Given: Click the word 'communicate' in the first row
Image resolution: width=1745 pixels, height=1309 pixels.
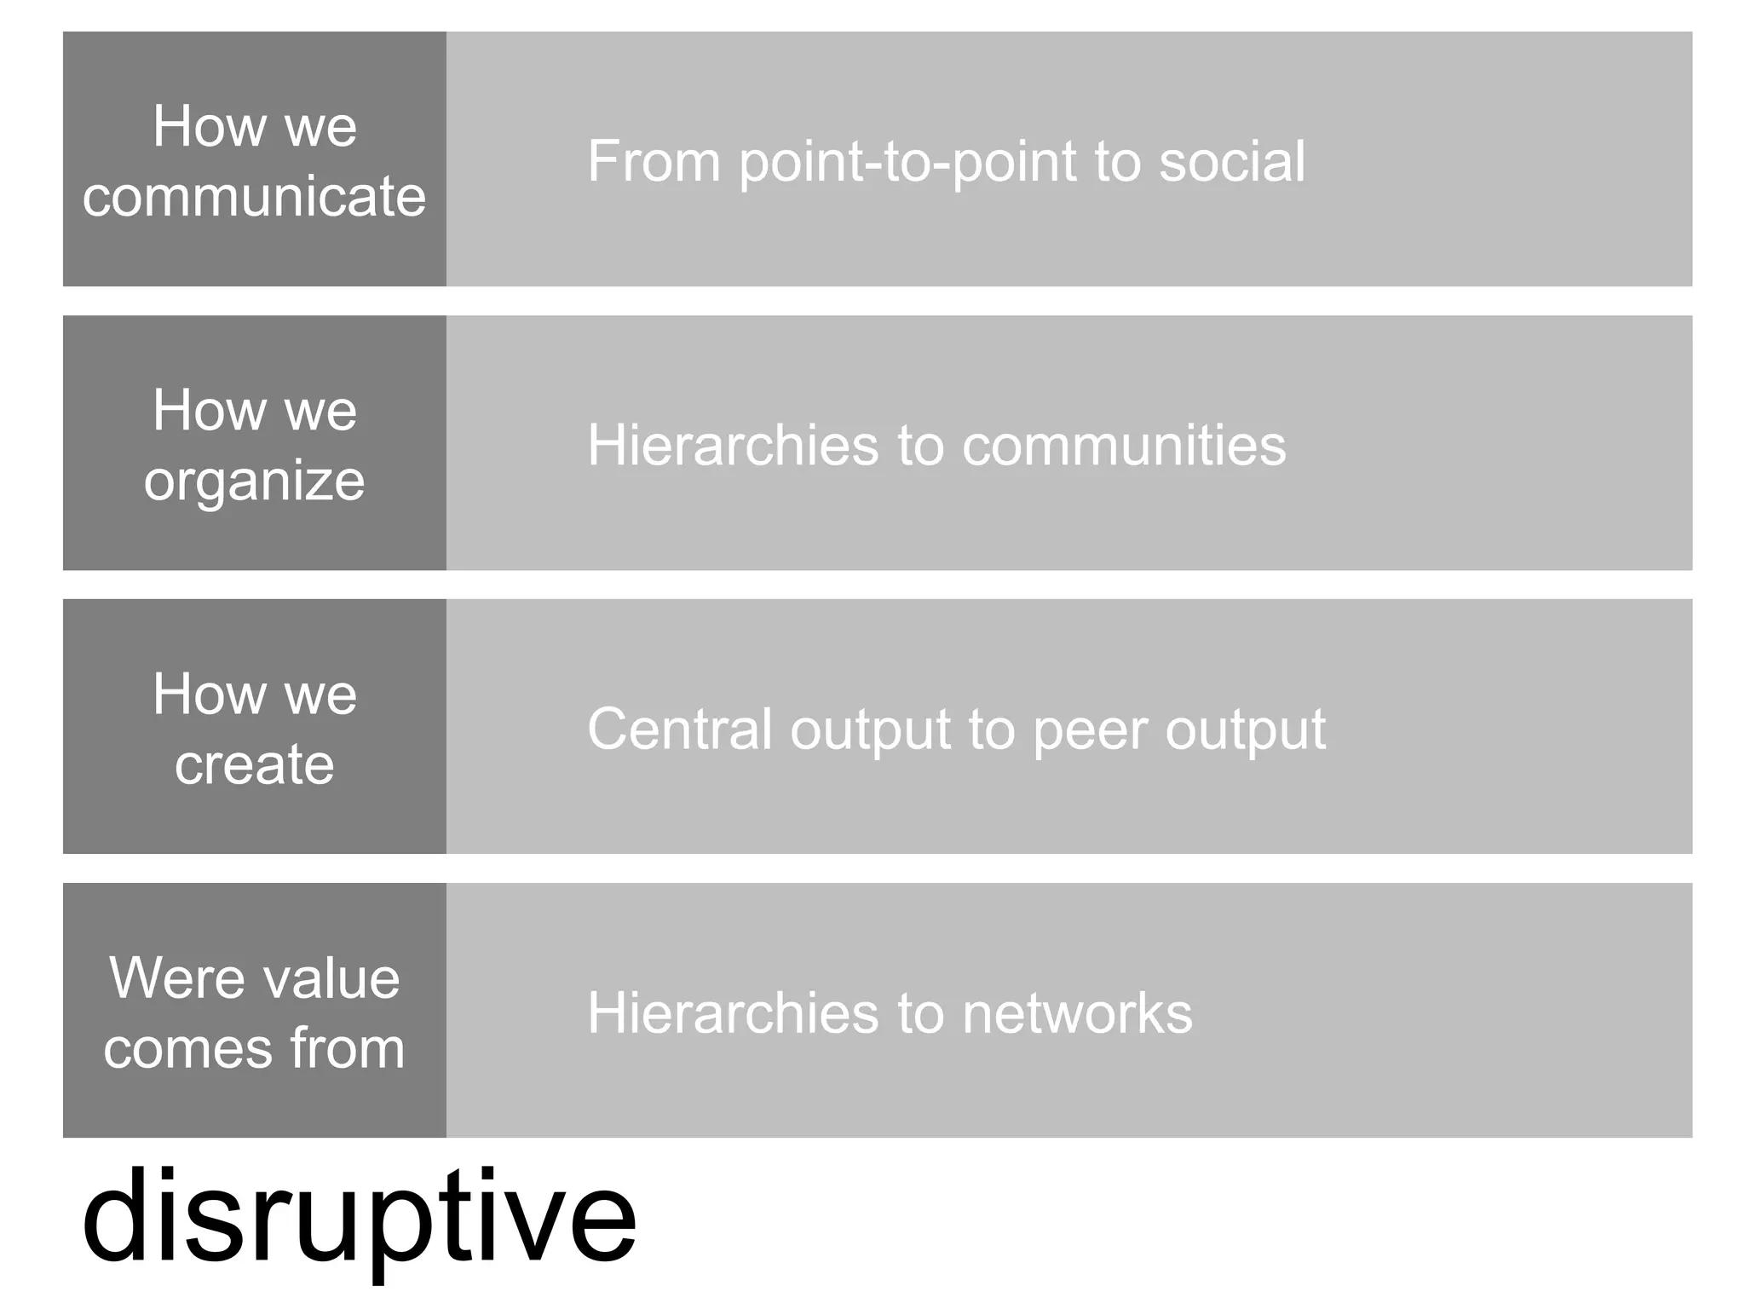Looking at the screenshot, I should pos(254,196).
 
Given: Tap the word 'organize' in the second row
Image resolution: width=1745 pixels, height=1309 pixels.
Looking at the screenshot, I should pos(254,482).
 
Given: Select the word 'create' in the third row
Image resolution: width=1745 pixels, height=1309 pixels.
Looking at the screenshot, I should pos(254,764).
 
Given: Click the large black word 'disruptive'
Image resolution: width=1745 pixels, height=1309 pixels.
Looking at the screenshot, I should pos(359,1217).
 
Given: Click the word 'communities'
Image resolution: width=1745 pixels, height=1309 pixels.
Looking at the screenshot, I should pos(1124,445).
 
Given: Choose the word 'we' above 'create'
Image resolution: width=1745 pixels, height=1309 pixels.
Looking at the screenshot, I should pos(320,694).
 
